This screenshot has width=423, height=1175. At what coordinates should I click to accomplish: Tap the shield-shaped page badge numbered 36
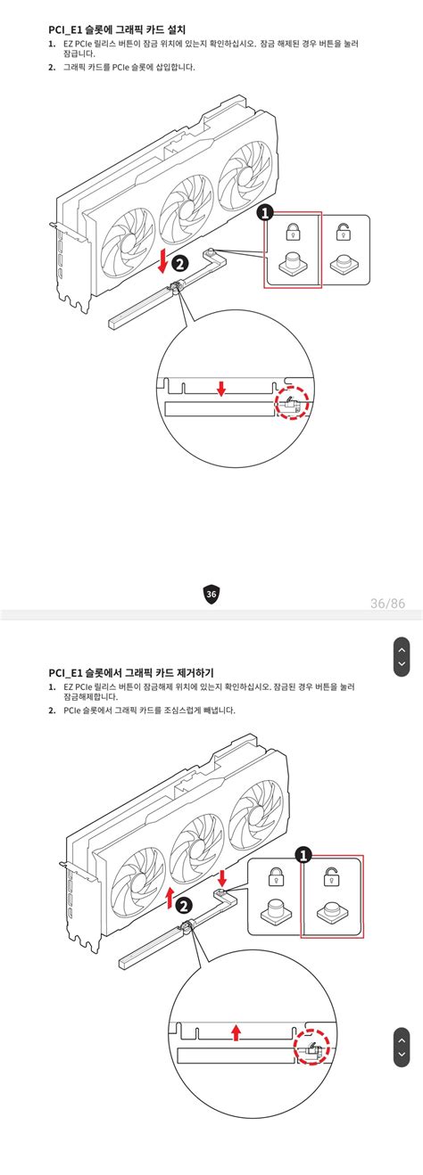point(211,595)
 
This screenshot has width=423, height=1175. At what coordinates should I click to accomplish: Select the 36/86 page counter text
point(387,604)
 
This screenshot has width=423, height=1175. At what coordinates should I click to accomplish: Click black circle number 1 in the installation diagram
point(265,212)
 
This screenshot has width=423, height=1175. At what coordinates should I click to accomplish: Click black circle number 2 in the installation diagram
point(179,263)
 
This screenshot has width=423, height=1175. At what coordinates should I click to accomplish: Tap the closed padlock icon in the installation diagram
point(292,234)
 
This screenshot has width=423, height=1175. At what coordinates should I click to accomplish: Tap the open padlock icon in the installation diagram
point(342,234)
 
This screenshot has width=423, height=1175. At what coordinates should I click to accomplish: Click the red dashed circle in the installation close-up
point(290,404)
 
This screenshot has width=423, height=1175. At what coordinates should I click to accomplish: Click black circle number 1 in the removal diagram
point(303,855)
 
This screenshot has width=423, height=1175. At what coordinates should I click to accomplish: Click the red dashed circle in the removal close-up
point(312,1053)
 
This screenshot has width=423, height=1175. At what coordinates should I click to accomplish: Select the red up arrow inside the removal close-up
point(236,1031)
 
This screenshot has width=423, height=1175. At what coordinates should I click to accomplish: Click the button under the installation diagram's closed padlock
point(292,265)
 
